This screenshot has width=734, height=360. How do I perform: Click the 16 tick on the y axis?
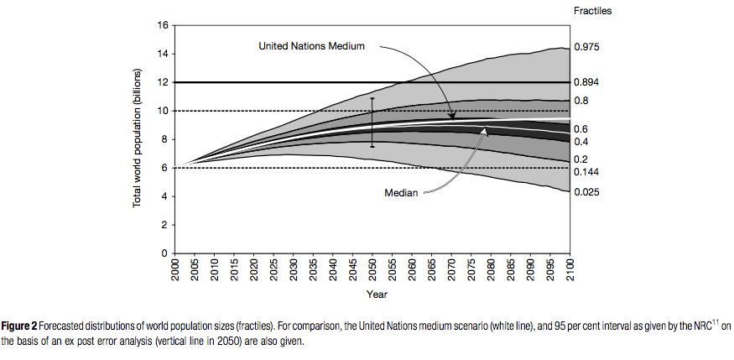pyautogui.click(x=162, y=25)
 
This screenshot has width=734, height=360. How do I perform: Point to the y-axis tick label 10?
pyautogui.click(x=162, y=111)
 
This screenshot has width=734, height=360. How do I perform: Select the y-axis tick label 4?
pyautogui.click(x=165, y=196)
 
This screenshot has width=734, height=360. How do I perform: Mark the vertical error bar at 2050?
pyautogui.click(x=372, y=122)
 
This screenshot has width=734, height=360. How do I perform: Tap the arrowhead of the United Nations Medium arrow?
pyautogui.click(x=450, y=117)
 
